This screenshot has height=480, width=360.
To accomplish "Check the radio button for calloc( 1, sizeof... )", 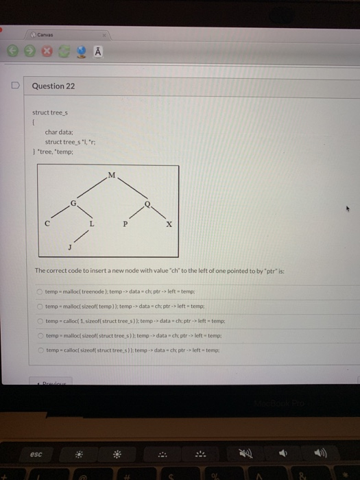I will [x=40, y=320].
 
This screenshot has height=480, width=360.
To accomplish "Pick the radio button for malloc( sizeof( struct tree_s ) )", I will [x=40, y=335].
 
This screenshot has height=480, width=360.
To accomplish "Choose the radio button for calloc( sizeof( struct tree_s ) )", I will [x=40, y=349].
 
